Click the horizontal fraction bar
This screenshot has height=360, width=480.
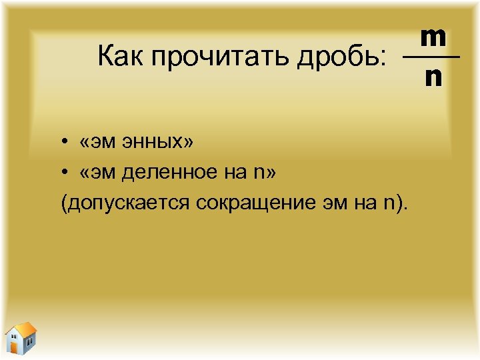pyautogui.click(x=431, y=58)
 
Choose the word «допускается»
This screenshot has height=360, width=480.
pyautogui.click(x=126, y=203)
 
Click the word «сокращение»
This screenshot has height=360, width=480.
pyautogui.click(x=253, y=203)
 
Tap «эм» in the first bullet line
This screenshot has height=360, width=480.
pyautogui.click(x=103, y=143)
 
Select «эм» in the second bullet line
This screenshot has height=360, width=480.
pyautogui.click(x=103, y=173)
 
